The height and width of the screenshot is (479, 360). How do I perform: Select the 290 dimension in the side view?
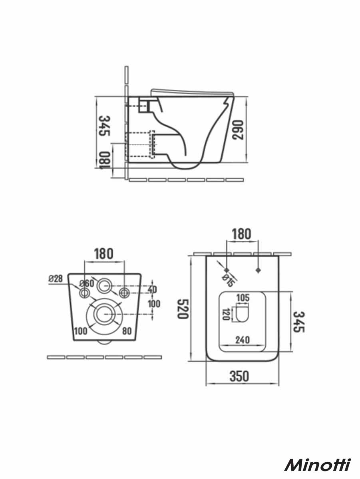238,130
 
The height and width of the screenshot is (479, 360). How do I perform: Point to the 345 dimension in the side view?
105,126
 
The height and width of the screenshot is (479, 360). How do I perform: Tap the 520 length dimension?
182,309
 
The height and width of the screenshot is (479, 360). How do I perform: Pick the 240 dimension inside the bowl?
243,340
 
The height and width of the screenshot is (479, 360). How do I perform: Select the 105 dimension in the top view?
243,298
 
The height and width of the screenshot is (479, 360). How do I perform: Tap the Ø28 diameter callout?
55,279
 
